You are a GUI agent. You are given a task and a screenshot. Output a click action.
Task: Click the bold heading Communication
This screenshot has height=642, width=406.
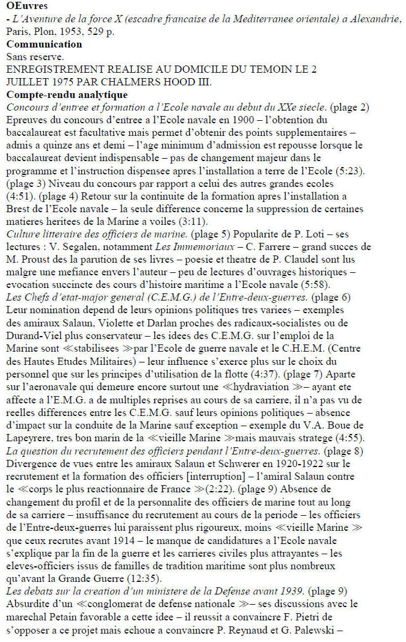44,44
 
